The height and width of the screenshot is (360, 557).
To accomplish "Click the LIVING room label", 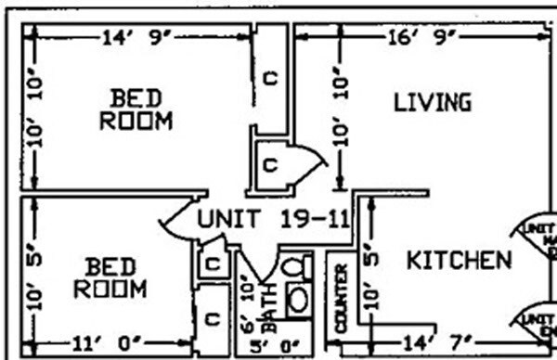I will (x=432, y=101).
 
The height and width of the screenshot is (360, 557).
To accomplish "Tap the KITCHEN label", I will (x=459, y=260).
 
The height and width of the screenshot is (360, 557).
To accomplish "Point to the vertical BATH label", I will (x=269, y=315).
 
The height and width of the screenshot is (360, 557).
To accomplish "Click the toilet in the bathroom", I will (x=295, y=268).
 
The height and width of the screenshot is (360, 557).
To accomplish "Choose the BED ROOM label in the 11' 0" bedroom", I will (x=110, y=277).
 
